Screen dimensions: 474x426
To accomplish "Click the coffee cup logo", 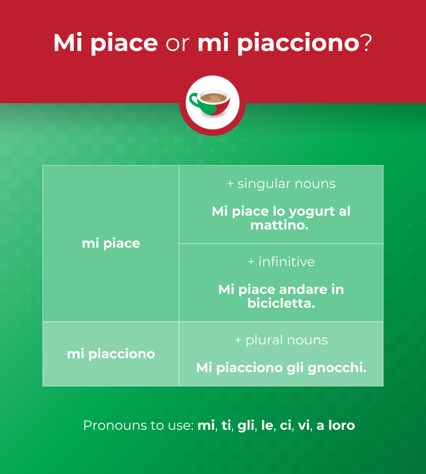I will click(213, 102).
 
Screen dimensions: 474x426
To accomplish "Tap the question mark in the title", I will click(366, 43).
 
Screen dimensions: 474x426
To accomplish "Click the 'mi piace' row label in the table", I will click(111, 243).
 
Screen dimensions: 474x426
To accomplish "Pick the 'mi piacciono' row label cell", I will click(111, 354).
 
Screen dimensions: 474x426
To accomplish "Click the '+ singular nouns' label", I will click(281, 184).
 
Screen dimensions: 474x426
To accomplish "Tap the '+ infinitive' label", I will click(281, 262).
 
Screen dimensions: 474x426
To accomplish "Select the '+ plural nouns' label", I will click(281, 340).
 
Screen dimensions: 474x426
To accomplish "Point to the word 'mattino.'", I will click(279, 225).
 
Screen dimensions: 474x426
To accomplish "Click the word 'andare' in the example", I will click(303, 290).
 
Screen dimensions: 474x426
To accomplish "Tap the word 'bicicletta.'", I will click(281, 303).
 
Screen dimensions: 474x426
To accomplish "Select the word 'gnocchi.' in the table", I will click(337, 368).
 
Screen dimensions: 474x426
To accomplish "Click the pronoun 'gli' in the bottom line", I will click(246, 425).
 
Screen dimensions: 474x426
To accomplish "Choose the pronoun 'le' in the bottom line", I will click(267, 425).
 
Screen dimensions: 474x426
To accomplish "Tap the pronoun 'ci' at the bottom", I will click(286, 425).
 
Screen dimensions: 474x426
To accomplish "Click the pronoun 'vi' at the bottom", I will click(304, 425).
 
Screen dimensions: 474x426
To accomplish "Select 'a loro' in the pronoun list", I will click(336, 425).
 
